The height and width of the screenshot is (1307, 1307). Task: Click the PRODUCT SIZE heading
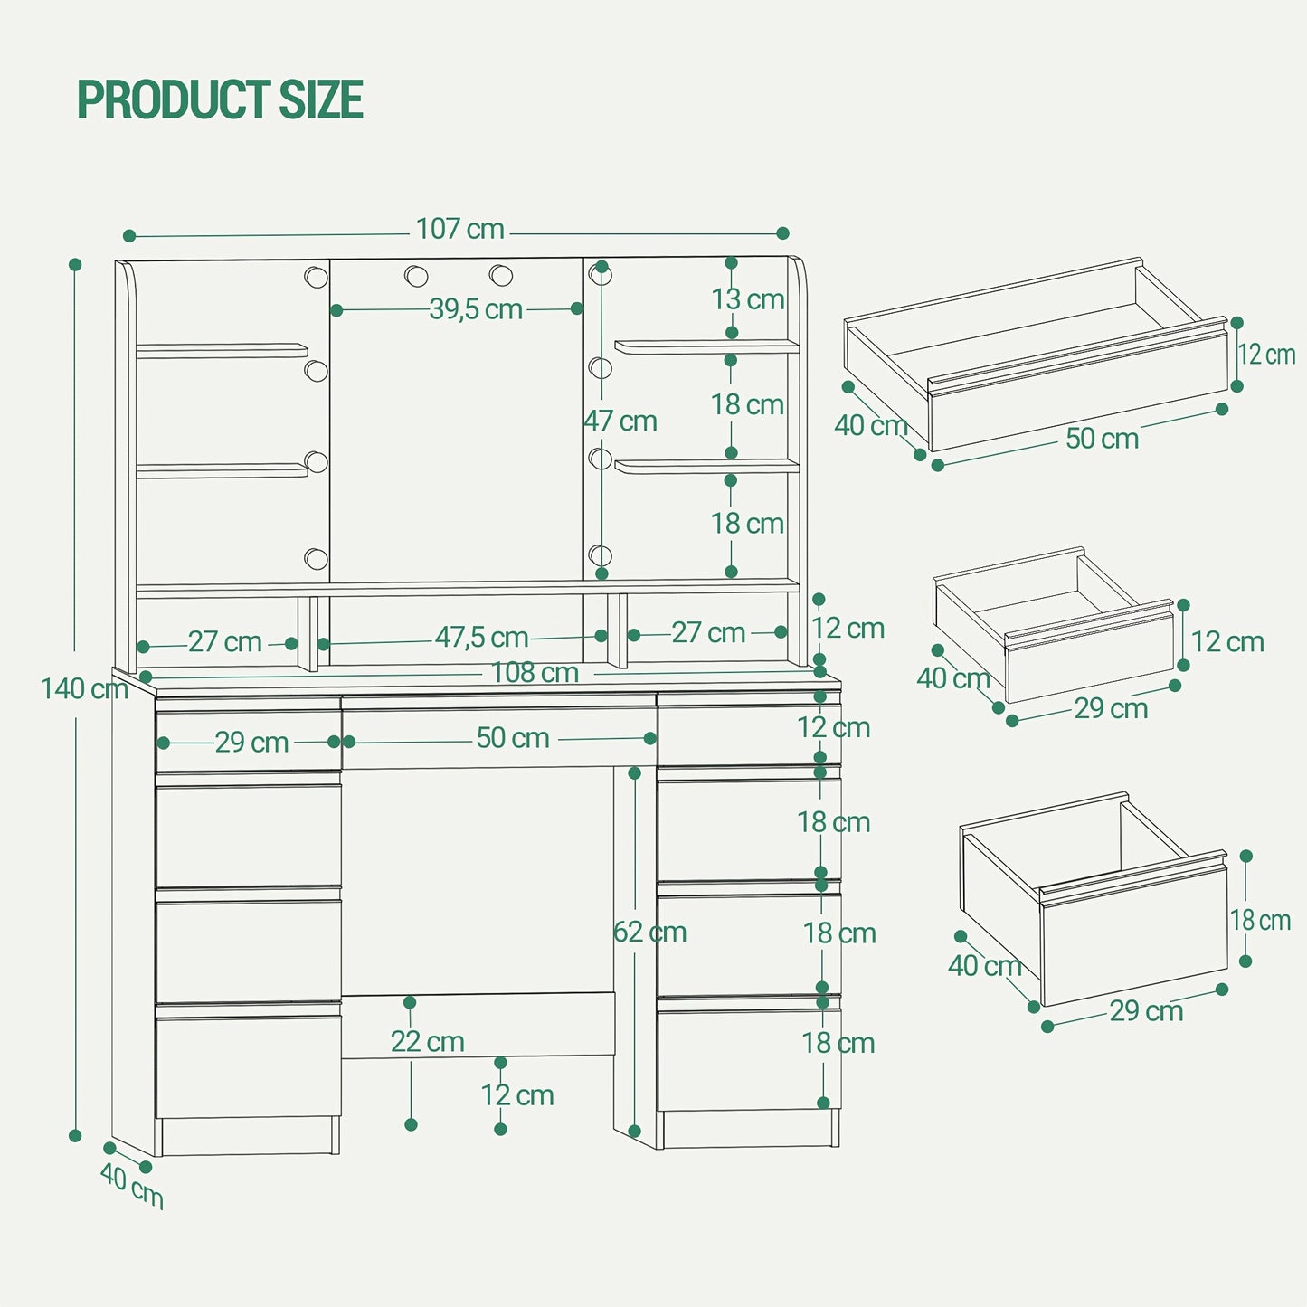coord(221,99)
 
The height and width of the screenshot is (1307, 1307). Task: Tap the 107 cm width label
coord(459,229)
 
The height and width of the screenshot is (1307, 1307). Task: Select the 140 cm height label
coord(85,689)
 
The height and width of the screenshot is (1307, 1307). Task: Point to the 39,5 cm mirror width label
coord(476,310)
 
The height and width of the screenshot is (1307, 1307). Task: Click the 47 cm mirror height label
coord(620,421)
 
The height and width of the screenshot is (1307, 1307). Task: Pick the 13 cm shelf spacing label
coord(747,299)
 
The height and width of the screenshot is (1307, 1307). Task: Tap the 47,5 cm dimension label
coord(481,638)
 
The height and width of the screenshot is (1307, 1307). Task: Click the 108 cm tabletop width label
coord(535,673)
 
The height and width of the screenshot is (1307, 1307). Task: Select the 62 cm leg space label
coord(649,932)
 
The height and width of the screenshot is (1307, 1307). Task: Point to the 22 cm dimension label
coord(427,1042)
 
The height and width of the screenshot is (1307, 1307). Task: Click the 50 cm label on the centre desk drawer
coord(513,738)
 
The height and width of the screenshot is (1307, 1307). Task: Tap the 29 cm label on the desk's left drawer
coord(251,743)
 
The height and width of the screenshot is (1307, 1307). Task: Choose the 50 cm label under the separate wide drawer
coord(1103,439)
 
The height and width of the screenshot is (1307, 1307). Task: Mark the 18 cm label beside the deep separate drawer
coord(1260,921)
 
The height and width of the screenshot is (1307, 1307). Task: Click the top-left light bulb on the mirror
coord(316,277)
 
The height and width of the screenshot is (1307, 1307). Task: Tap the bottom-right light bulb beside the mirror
coord(601,555)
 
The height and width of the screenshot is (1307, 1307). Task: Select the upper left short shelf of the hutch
coord(222,350)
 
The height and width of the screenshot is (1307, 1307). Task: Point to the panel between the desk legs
coord(478,1025)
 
